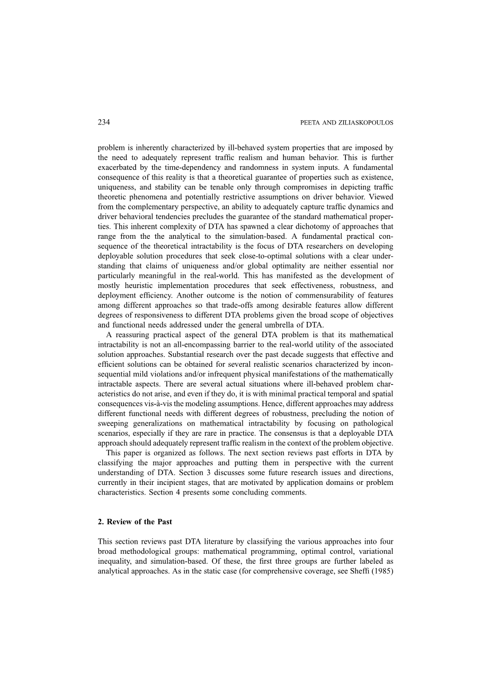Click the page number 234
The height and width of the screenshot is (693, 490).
pos(104,122)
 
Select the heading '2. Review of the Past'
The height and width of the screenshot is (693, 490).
pos(135,521)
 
